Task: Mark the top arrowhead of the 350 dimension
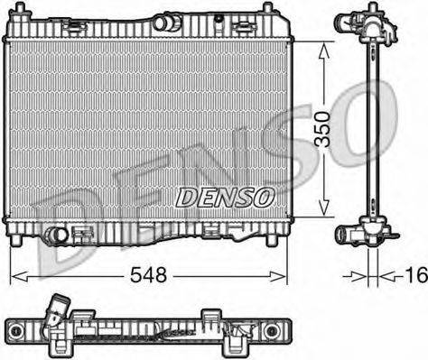(322, 44)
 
